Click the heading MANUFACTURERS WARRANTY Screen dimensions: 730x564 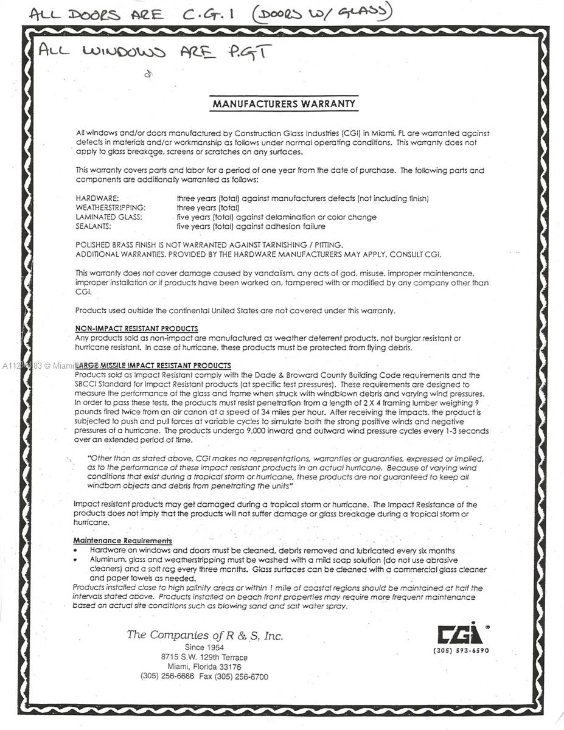pos(283,104)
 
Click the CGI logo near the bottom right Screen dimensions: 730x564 pos(461,634)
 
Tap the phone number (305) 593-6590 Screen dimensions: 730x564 pos(461,650)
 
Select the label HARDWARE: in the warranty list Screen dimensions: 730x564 pos(97,198)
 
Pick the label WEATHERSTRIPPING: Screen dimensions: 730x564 pos(111,207)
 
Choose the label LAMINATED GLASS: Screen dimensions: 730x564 pos(109,217)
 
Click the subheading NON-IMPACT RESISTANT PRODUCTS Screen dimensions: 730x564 pos(136,328)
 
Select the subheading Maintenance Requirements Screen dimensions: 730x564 pos(122,540)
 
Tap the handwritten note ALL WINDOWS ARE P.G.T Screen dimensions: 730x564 pos(152,52)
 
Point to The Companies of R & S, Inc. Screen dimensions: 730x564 pos(204,636)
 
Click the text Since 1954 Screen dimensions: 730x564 pos(204,648)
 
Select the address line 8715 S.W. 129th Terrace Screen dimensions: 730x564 pos(204,658)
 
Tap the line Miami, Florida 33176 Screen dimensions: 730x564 pos(204,667)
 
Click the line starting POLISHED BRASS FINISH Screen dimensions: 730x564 pos(204,245)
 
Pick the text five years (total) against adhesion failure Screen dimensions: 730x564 pos(251,226)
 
